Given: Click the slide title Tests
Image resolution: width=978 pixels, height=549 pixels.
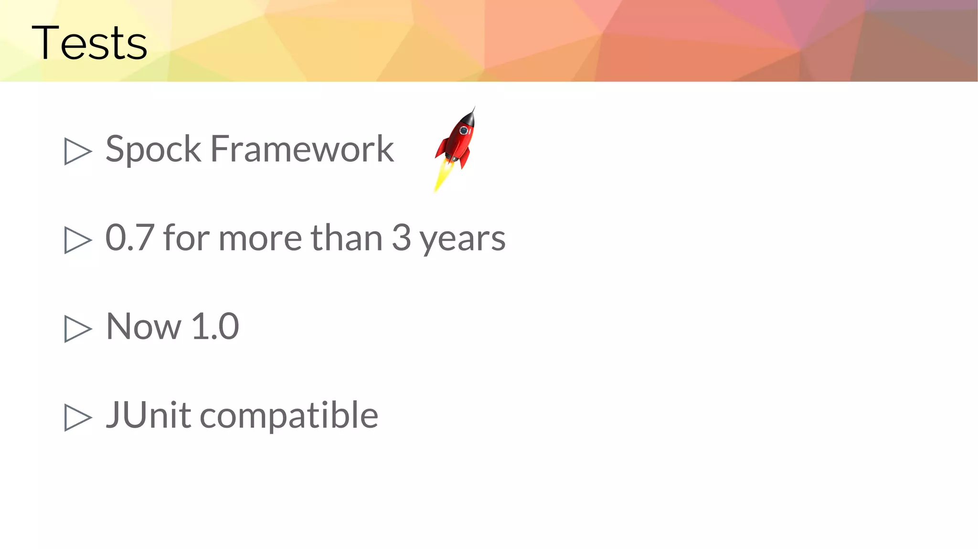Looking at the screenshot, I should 89,43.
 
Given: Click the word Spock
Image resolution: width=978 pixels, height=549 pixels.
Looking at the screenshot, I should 153,149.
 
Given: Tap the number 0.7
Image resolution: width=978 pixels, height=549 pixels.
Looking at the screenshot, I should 129,237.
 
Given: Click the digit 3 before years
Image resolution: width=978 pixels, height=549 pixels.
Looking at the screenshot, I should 401,237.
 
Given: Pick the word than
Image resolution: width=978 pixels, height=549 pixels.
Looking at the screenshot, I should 347,237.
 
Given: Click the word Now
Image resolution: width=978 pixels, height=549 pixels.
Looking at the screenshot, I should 144,327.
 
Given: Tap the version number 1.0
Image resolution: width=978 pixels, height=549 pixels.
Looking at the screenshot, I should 215,327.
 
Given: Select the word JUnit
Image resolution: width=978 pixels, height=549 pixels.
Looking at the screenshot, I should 149,415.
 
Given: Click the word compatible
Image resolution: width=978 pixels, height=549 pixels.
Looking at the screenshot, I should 289,416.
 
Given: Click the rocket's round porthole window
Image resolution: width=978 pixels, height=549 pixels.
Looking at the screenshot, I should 463,130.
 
